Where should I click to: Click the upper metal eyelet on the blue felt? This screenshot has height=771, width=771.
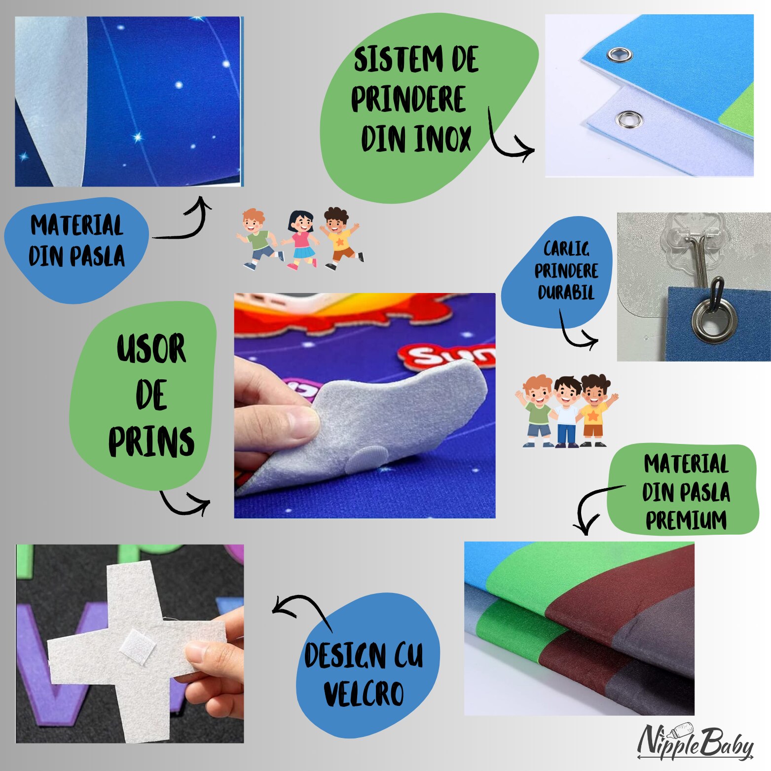click(620, 54)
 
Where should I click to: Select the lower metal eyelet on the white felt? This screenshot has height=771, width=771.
click(629, 119)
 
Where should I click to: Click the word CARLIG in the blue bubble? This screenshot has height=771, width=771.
click(566, 249)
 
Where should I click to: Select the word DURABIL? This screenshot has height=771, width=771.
click(566, 293)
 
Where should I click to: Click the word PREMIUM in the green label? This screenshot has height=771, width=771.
click(686, 520)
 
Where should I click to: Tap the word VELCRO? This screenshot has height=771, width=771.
click(364, 694)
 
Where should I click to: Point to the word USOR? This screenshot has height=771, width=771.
click(151, 349)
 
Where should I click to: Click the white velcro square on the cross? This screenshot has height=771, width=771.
click(137, 647)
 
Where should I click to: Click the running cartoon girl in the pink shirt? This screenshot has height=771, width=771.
click(301, 239)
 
